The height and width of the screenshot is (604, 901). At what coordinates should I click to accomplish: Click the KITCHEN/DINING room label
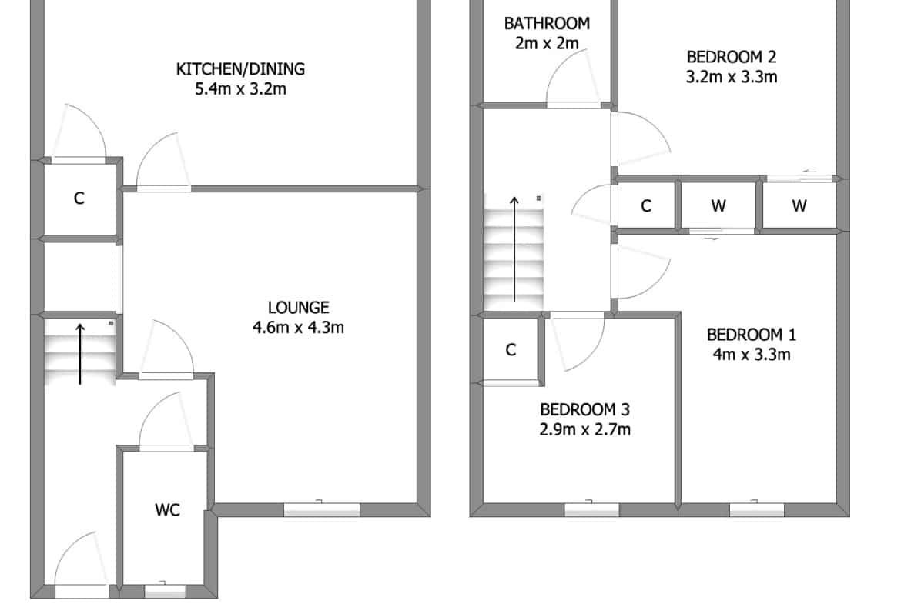[240, 69]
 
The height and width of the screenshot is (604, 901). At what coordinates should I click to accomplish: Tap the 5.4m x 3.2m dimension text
[241, 89]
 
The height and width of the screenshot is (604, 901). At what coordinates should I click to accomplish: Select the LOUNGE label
[298, 308]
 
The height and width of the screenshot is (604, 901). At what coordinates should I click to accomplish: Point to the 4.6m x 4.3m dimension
[298, 327]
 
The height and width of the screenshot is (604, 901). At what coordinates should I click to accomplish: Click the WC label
[167, 510]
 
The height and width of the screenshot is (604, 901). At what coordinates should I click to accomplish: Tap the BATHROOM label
[547, 24]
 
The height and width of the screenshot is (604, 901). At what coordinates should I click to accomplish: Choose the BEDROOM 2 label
[732, 57]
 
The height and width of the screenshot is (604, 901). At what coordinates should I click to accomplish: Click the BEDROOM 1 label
[752, 334]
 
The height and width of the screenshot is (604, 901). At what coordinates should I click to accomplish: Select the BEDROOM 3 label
[585, 409]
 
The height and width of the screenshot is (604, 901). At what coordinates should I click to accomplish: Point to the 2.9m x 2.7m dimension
[585, 429]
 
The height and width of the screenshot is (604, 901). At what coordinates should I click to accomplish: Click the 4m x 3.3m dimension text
[752, 354]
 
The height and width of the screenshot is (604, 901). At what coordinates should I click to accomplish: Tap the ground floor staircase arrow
[80, 354]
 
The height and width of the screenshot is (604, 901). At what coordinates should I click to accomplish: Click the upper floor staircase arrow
[514, 249]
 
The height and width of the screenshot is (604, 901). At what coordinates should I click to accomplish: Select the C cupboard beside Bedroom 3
[511, 349]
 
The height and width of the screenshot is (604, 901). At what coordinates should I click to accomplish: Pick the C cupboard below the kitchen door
[79, 198]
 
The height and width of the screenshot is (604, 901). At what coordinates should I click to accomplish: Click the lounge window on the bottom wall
[322, 509]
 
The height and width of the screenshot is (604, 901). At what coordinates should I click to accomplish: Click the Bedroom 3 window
[592, 509]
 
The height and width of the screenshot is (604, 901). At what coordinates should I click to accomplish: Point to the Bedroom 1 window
[757, 509]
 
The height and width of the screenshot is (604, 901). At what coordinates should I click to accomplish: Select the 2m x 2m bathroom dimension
[547, 43]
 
